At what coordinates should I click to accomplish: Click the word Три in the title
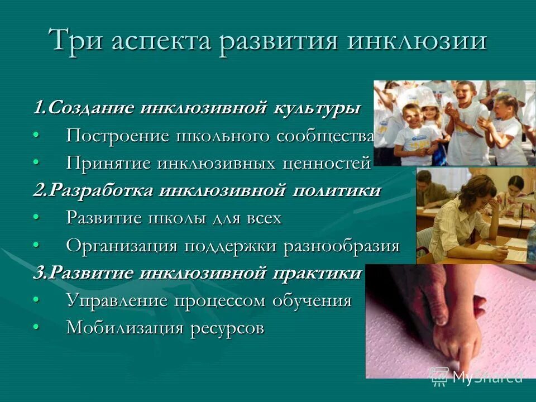tap(75, 41)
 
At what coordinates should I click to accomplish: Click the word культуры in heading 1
tap(316, 108)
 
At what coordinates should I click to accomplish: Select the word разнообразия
tap(346, 246)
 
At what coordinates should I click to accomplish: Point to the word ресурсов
tap(226, 328)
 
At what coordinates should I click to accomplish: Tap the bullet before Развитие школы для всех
tap(36, 217)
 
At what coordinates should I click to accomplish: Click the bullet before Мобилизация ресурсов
tap(36, 327)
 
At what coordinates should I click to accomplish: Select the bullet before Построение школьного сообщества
tap(36, 135)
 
